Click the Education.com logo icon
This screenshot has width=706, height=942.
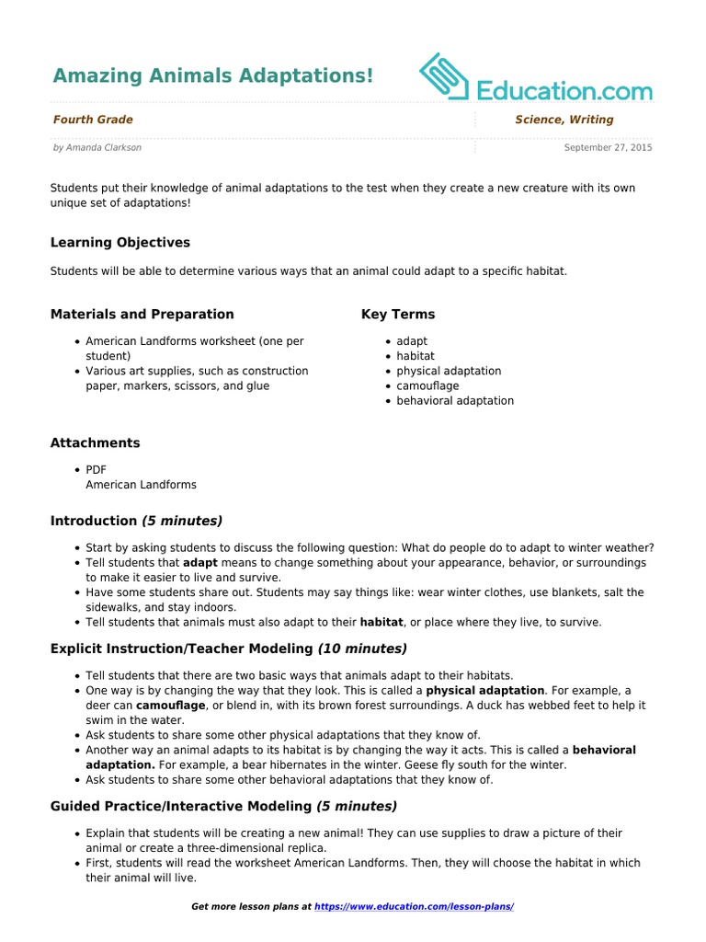point(445,76)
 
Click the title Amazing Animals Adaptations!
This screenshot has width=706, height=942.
point(212,76)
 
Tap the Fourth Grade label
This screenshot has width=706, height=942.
point(93,120)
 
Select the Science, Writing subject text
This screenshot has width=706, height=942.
point(564,120)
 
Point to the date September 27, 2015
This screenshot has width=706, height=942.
point(608,147)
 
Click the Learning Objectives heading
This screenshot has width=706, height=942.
point(120,243)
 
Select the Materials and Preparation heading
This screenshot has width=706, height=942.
point(142,315)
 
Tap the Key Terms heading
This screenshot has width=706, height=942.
point(398,315)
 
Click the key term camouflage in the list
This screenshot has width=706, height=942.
point(427,386)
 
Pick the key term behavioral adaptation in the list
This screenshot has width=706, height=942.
point(455,401)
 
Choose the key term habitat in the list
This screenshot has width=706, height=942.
point(416,356)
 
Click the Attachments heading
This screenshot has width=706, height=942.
point(95,443)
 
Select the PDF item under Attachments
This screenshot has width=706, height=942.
point(97,470)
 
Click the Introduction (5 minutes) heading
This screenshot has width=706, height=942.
point(136,522)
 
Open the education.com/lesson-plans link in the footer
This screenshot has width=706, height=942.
point(414,907)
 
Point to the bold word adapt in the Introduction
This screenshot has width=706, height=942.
point(199,563)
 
